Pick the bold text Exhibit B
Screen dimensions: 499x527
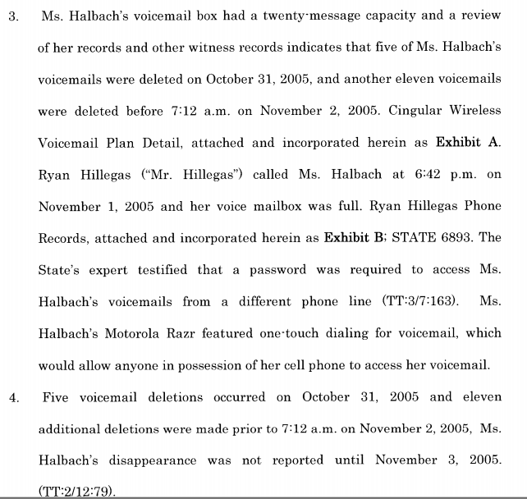coord(355,238)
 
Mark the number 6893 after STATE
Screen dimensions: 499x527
coord(474,238)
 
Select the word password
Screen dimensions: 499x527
coord(288,269)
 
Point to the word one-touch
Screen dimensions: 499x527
coord(277,333)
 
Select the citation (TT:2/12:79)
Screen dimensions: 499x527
coord(76,492)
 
